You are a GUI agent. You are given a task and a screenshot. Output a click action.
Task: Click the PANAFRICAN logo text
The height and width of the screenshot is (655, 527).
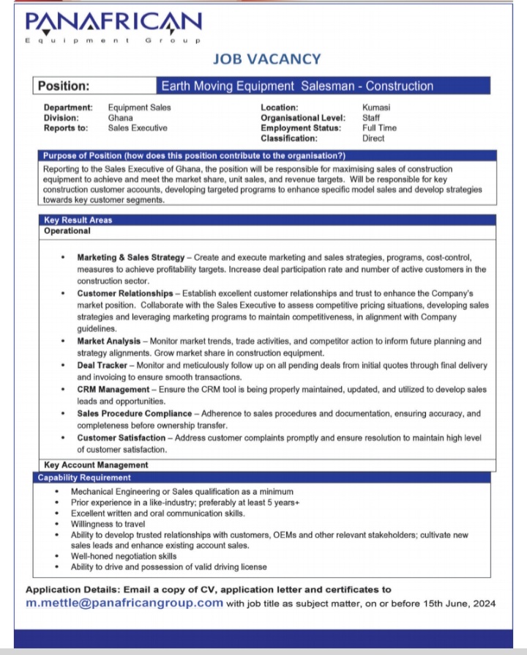tap(112, 22)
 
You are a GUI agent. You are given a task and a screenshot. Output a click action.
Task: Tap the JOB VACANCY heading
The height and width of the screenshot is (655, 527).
tap(266, 59)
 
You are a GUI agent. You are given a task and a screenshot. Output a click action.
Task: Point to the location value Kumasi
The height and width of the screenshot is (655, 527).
tap(376, 108)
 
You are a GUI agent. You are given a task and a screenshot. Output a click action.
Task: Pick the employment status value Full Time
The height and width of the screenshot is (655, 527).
tap(379, 128)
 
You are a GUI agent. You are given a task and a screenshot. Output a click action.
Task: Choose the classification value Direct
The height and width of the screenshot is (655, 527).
tap(373, 138)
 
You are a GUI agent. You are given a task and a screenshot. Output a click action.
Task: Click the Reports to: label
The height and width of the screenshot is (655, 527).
tap(66, 128)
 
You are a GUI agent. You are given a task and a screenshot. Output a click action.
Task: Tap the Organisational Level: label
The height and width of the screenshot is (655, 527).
tap(303, 118)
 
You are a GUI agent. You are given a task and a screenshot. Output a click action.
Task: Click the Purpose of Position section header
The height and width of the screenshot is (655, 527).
tap(194, 156)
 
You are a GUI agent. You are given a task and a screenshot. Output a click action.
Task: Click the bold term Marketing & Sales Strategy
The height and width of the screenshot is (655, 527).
tap(131, 258)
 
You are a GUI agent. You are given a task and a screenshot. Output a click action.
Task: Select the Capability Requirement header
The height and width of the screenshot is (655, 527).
tap(84, 478)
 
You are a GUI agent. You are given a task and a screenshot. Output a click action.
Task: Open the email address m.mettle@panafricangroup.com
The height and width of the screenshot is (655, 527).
tap(124, 603)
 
